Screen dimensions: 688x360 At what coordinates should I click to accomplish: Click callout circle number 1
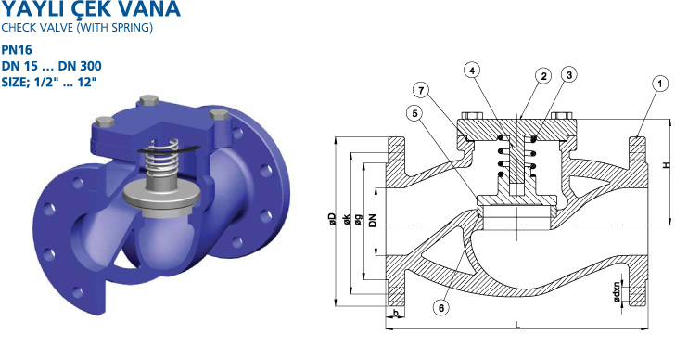pos(660,84)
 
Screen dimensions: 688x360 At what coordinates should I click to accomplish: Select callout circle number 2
pos(543,76)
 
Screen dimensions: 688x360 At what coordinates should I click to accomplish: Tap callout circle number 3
pos(569,75)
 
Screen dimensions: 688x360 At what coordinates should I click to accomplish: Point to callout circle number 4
pos(472,71)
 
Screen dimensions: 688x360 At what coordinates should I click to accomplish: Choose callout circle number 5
pos(414,114)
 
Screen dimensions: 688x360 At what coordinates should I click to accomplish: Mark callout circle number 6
pos(441,308)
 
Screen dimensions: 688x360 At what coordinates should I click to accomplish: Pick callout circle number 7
pos(421,91)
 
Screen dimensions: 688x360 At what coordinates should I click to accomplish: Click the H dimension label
pos(667,165)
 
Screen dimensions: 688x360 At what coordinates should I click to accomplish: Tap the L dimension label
pos(518,325)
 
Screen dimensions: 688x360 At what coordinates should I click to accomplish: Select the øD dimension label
pos(332,219)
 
